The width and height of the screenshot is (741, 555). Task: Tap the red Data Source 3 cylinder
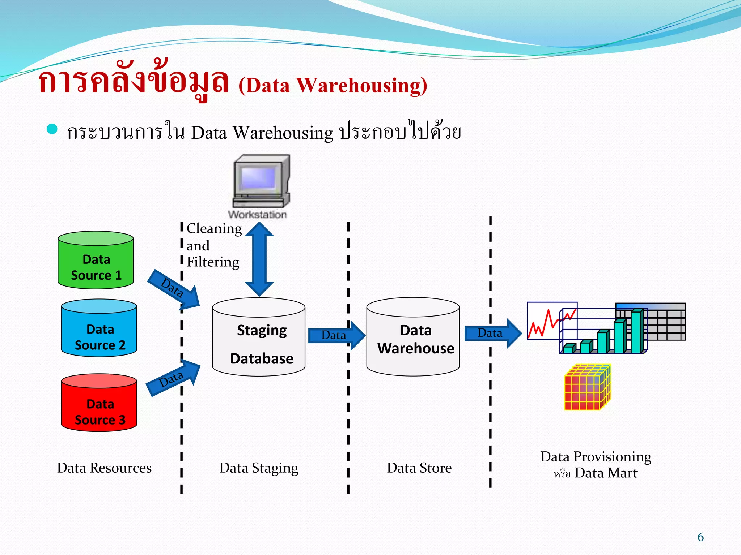click(x=99, y=404)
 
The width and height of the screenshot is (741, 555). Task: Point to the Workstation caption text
click(x=258, y=214)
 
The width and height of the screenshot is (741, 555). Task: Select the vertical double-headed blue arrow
click(x=259, y=259)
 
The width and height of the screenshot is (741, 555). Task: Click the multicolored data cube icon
click(x=588, y=388)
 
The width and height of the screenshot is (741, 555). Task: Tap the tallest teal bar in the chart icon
click(x=636, y=331)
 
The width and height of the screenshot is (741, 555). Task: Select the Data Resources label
click(x=104, y=468)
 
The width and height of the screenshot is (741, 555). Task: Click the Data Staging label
click(x=259, y=468)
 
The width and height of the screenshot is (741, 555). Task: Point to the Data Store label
click(x=419, y=468)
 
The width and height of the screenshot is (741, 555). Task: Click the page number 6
click(x=700, y=537)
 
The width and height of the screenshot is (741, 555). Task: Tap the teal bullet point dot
click(x=52, y=129)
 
